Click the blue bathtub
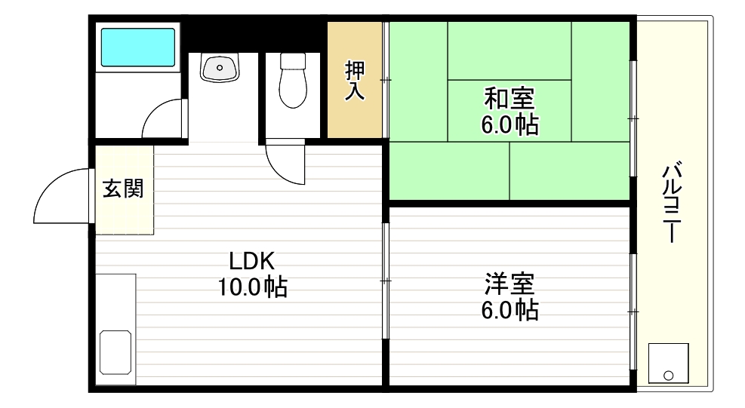(x=138, y=47)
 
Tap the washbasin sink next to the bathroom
(x=220, y=67)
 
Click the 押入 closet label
(x=356, y=81)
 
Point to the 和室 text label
(x=509, y=99)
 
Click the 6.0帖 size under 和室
(x=509, y=124)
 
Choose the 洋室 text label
(x=509, y=284)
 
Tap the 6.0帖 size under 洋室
(x=509, y=310)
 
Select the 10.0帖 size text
(x=253, y=287)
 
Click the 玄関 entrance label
(x=123, y=189)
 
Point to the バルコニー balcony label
(x=671, y=202)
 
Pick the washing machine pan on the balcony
(x=668, y=364)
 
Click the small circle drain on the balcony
(x=668, y=375)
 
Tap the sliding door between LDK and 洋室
(x=385, y=281)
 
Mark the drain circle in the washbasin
(x=220, y=68)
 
